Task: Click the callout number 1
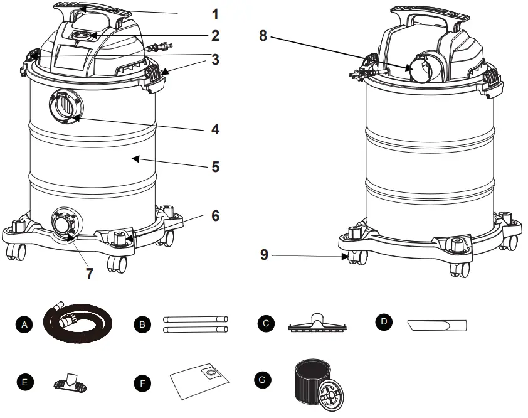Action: (x=215, y=13)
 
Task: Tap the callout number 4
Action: (x=215, y=130)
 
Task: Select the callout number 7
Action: (x=90, y=274)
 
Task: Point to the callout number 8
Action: (x=263, y=36)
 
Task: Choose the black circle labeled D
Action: (x=384, y=323)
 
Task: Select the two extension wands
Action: (x=195, y=324)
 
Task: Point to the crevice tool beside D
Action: (x=437, y=325)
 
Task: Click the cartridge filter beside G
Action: (x=320, y=380)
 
